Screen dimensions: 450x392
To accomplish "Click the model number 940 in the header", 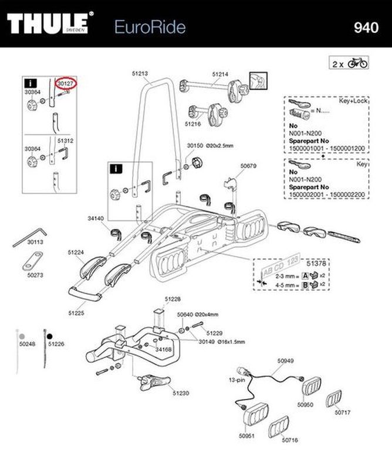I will click(x=366, y=28).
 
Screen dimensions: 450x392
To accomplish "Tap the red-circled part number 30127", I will click(x=66, y=84).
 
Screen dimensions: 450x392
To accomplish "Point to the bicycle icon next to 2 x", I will click(x=357, y=63).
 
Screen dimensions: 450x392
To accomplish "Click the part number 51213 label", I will click(x=140, y=74).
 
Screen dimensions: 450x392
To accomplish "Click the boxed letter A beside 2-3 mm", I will click(x=305, y=277).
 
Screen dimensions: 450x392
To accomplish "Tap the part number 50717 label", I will click(x=343, y=412).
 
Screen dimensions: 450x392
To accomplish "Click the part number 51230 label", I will click(x=181, y=393).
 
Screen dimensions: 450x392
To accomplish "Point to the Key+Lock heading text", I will click(x=352, y=101).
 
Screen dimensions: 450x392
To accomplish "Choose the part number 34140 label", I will click(x=96, y=218).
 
